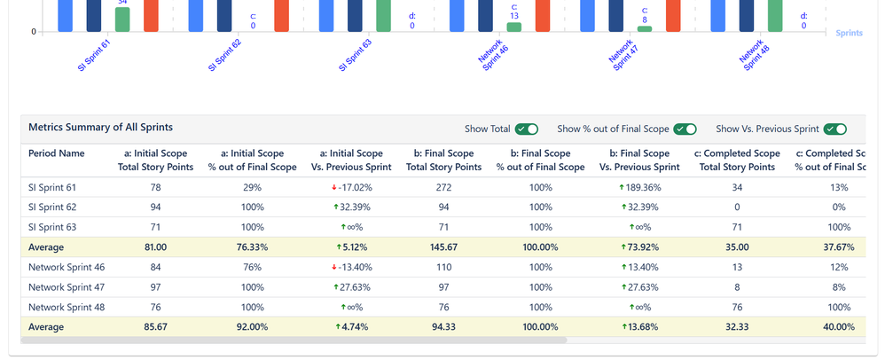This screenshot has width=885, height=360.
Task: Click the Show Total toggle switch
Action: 527,129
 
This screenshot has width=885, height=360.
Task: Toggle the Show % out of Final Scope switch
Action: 685,129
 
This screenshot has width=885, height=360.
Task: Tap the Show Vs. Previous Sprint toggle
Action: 834,129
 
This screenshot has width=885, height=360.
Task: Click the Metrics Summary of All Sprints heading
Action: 100,128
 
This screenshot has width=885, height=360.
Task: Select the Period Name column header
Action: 57,153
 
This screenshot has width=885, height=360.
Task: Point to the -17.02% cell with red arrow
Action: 348,188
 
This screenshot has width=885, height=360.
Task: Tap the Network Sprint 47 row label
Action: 67,288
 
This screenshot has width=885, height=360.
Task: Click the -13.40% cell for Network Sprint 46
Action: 348,268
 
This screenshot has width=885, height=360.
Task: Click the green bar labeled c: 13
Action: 514,27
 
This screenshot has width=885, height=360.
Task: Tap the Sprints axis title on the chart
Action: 850,32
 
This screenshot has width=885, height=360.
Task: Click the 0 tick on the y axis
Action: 34,32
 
